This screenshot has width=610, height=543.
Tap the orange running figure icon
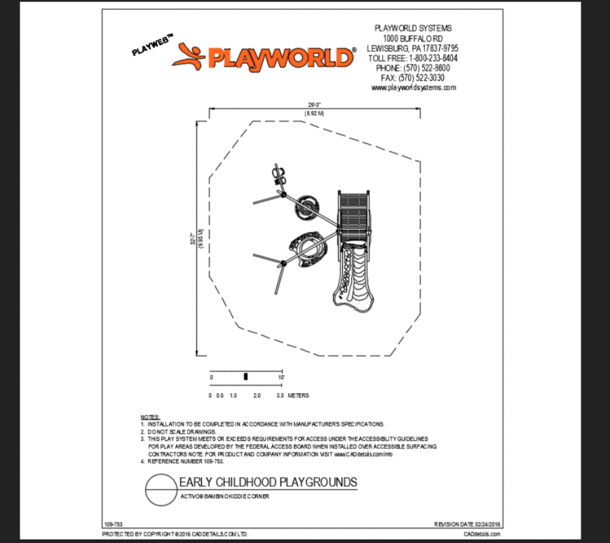coord(191,55)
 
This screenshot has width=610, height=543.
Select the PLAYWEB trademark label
coord(151,47)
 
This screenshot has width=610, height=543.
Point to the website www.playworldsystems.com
coord(414,88)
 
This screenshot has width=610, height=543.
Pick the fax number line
coord(414,78)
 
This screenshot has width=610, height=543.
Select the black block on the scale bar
coord(245,377)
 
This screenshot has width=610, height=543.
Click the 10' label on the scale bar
coord(280,377)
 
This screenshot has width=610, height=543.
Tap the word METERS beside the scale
coord(299,396)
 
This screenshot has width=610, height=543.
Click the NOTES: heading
coord(150,417)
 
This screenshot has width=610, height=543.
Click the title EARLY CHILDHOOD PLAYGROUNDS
coord(269,482)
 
